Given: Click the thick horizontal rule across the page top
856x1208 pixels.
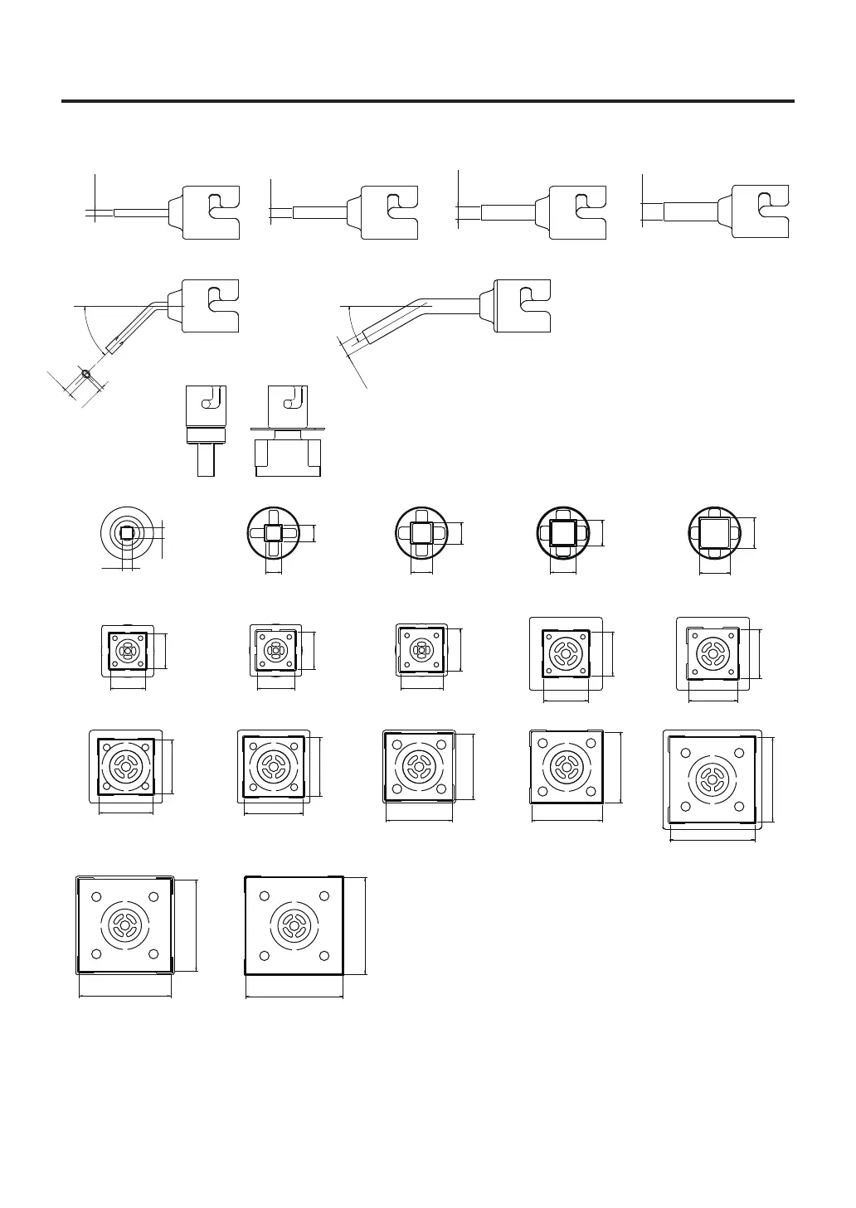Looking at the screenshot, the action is [427, 101].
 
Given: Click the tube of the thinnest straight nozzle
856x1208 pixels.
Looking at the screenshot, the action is [140, 213].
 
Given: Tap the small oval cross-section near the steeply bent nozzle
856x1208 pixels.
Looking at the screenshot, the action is [87, 374].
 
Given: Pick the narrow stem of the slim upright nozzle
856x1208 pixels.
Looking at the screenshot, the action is [206, 458].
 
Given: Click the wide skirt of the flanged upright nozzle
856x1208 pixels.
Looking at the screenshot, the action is [288, 458].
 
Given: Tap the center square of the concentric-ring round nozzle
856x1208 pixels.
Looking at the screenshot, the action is [127, 533].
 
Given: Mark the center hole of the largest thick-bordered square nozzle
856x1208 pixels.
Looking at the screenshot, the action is [294, 925].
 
